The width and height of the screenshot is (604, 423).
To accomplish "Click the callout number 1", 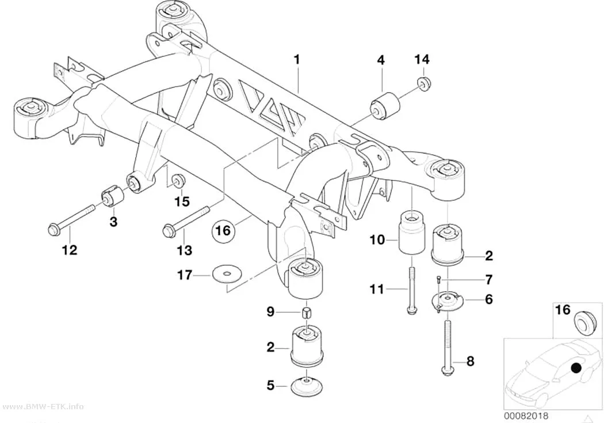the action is (296, 60).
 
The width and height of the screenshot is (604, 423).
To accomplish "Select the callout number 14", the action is (422, 59).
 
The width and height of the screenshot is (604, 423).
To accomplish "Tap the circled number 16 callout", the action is (223, 231).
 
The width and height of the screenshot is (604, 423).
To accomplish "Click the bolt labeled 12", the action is (72, 218).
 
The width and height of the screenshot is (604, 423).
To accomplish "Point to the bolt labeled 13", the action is (186, 221).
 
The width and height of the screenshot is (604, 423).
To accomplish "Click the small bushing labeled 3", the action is (112, 195).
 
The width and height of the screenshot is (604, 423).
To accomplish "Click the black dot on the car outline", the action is (576, 368).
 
